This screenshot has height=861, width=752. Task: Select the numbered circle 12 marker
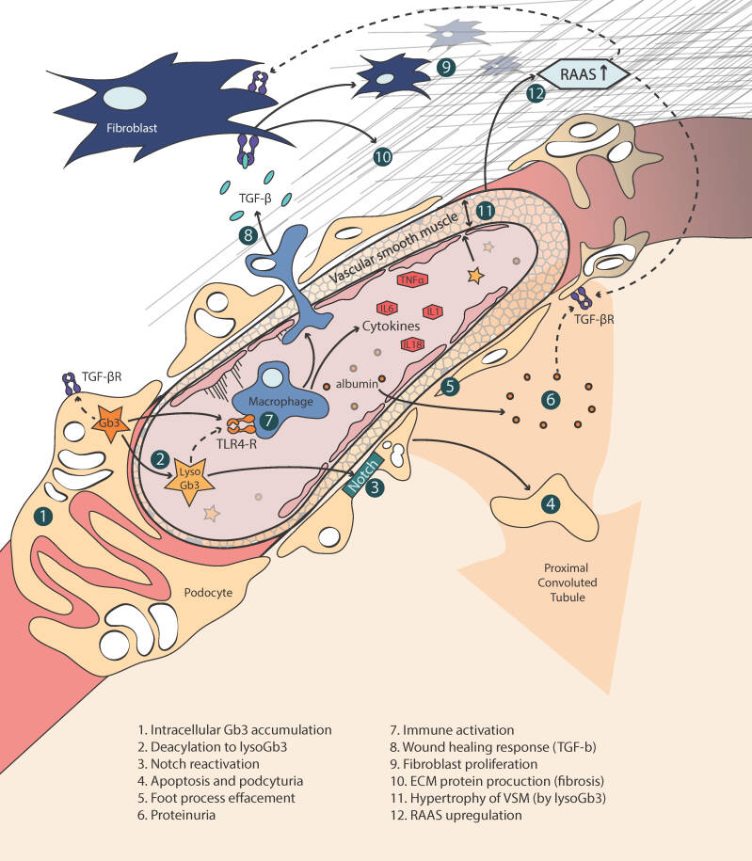pyautogui.click(x=536, y=93)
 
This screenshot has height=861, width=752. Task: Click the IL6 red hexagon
pyautogui.click(x=386, y=309)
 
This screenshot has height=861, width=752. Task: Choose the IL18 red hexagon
pyautogui.click(x=412, y=345)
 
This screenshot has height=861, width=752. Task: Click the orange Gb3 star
pyautogui.click(x=111, y=423)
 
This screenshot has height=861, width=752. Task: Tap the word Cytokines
pyautogui.click(x=392, y=327)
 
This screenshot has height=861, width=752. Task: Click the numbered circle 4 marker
pyautogui.click(x=550, y=503)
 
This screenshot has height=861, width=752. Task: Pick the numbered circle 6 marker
pyautogui.click(x=551, y=399)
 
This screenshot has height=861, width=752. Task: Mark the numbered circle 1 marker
pyautogui.click(x=41, y=515)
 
